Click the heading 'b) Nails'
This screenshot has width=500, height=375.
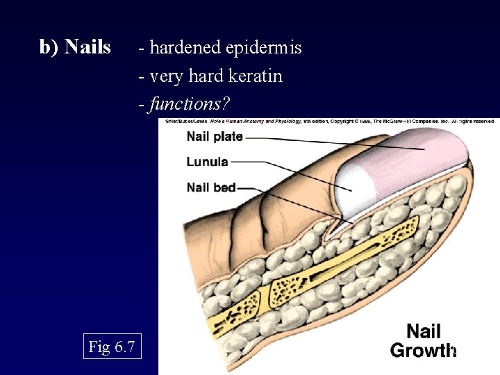(x=75, y=47)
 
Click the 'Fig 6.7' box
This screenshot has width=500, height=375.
(x=112, y=346)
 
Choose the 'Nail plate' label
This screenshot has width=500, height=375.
(x=215, y=137)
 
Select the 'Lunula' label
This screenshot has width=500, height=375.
(x=207, y=162)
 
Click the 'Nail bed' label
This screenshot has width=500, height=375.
(x=211, y=187)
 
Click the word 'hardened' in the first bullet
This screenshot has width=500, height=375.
(x=182, y=48)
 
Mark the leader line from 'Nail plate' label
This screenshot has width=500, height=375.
(x=312, y=141)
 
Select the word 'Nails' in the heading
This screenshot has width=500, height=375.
(x=87, y=47)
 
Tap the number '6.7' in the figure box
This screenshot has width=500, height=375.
(x=122, y=346)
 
